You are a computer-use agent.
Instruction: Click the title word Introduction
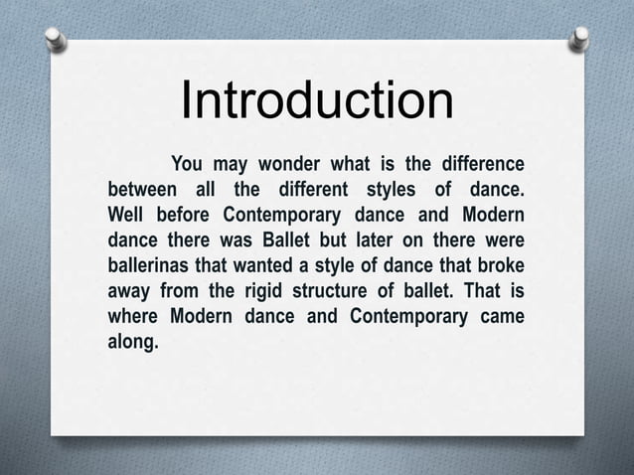[x=316, y=101]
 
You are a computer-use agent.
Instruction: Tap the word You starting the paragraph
[x=192, y=163]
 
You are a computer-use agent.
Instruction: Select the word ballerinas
[x=153, y=266]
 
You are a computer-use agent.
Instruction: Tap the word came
[x=501, y=318]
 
